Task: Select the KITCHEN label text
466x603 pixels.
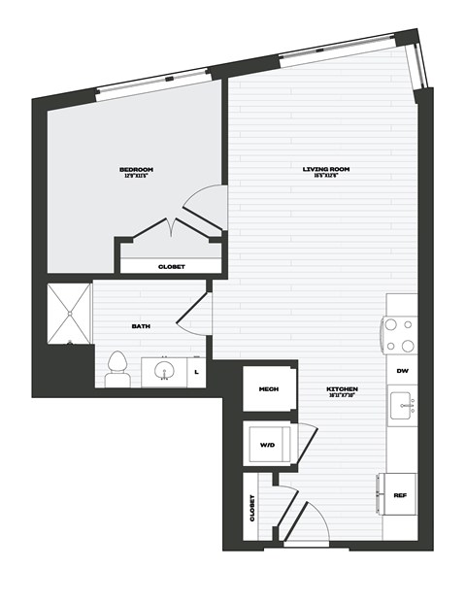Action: point(343,389)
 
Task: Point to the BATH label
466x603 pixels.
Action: point(142,326)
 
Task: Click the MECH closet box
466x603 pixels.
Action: point(269,389)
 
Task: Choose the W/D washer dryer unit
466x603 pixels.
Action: point(269,443)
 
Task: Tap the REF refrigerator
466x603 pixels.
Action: point(399,494)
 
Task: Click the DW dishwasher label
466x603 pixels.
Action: point(401,370)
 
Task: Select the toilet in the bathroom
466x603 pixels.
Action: point(118,366)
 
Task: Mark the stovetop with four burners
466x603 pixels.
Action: point(400,335)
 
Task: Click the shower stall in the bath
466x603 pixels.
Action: point(68,313)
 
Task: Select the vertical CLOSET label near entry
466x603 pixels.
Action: point(254,507)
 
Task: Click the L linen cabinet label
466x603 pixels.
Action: point(197,372)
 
